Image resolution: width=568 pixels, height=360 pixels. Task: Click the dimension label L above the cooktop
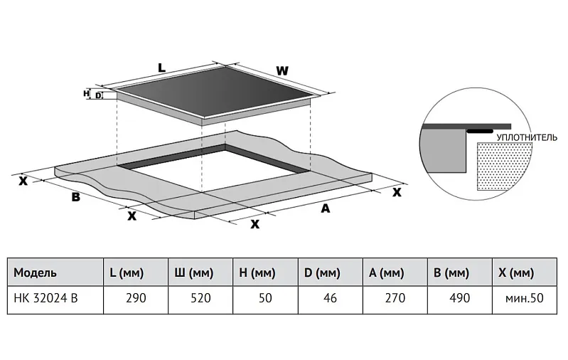(161, 68)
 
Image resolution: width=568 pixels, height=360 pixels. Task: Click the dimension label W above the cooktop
(282, 71)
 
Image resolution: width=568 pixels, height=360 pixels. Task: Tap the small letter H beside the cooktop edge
(86, 93)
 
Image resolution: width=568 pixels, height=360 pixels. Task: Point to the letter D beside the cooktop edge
(97, 95)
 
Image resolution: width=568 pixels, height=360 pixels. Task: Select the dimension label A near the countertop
(326, 208)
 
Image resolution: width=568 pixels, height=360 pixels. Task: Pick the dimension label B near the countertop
(75, 197)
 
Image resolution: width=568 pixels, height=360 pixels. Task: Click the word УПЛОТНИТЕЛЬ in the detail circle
(525, 137)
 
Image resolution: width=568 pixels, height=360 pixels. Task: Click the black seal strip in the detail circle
(481, 131)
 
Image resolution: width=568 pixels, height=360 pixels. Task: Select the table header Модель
(35, 272)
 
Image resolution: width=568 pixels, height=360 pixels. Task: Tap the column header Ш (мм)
(193, 272)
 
